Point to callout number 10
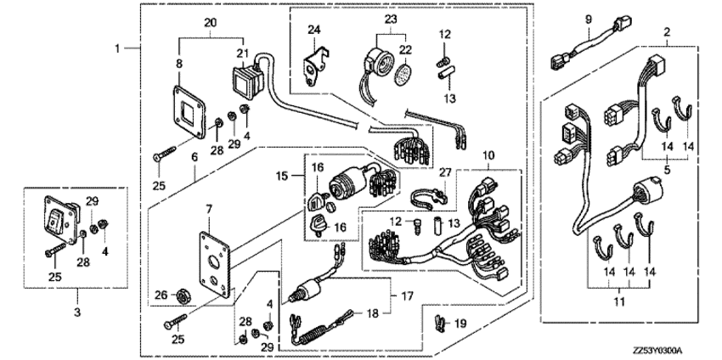[488, 155]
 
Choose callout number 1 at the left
[118, 48]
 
